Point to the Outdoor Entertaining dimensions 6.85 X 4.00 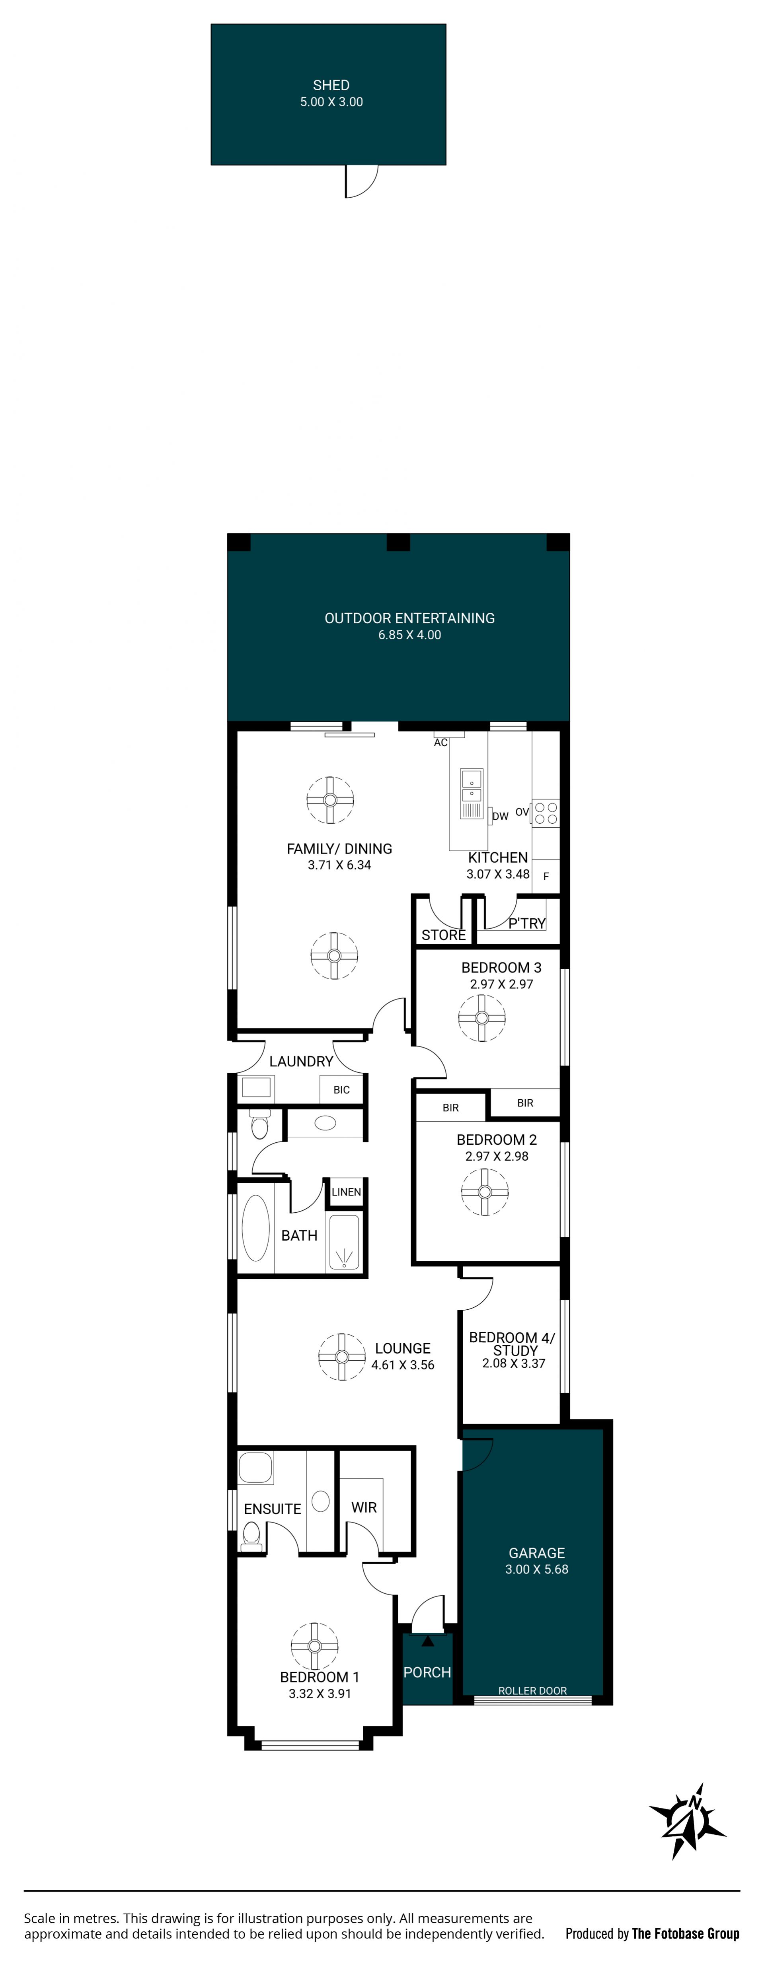tap(410, 635)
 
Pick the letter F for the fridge tap(546, 876)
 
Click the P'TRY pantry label tap(526, 924)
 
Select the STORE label tap(443, 935)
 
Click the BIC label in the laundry tap(341, 1090)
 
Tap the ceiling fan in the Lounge tap(342, 1356)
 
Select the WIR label tap(364, 1507)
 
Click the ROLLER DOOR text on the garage tap(533, 1690)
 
